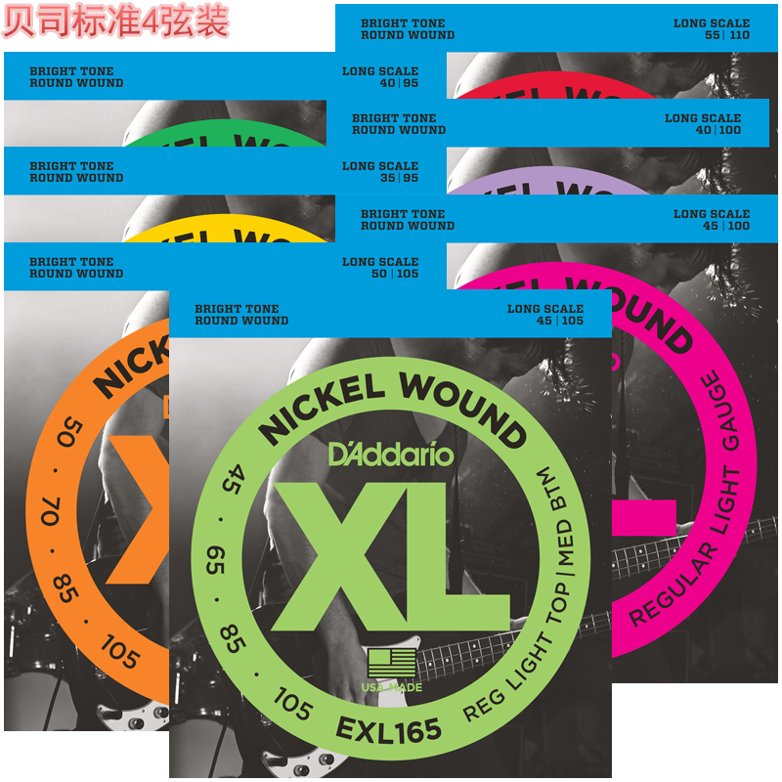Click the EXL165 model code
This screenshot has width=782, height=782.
[x=388, y=729]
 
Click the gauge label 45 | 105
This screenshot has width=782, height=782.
[x=558, y=321]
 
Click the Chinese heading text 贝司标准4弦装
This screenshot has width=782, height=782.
[x=115, y=22]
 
